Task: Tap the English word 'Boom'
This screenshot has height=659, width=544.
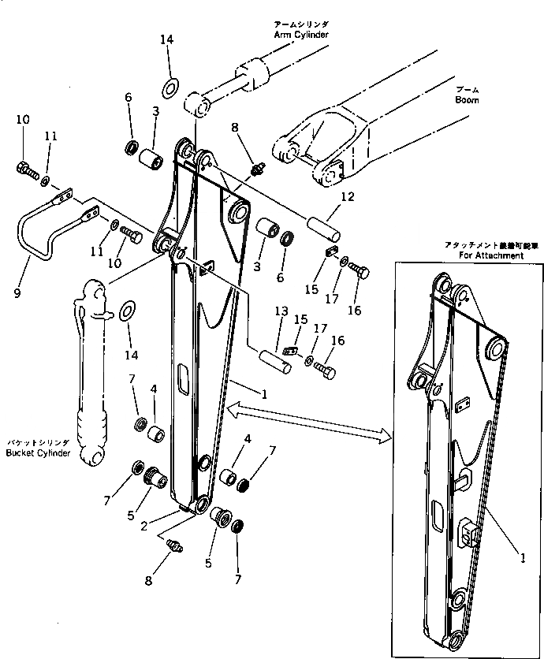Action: pos(467,100)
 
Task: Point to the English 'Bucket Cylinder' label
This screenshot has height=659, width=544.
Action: pos(39,454)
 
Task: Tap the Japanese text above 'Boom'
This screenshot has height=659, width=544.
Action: pos(467,89)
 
